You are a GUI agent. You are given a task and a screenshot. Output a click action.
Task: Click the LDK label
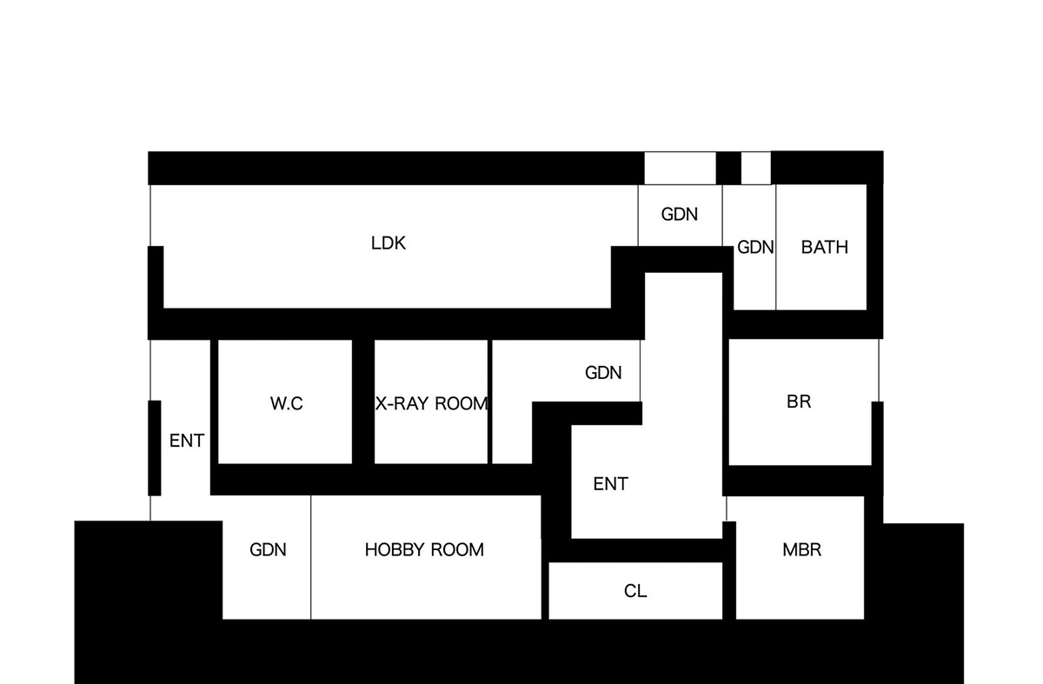(x=389, y=243)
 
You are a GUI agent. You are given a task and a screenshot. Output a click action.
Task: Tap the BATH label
(x=824, y=247)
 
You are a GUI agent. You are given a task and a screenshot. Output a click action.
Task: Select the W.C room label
(x=287, y=403)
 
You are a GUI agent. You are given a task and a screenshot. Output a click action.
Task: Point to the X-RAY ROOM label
(x=432, y=403)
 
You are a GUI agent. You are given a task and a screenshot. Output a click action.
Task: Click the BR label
(x=799, y=402)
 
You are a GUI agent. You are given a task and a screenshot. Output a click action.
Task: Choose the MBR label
(x=801, y=549)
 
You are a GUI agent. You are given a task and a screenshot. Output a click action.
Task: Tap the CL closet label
(x=635, y=591)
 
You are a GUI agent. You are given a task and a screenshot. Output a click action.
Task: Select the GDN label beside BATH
(x=755, y=247)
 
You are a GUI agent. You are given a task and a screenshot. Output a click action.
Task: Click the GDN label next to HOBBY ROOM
(x=268, y=549)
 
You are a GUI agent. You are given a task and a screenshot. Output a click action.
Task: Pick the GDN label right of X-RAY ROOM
(x=603, y=373)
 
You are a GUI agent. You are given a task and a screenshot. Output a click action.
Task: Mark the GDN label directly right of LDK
(x=680, y=214)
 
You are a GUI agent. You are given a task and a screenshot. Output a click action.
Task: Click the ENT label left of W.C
(x=186, y=441)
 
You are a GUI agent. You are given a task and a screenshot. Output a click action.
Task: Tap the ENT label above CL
(x=610, y=484)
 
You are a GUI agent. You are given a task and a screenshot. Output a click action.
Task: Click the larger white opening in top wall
(x=680, y=168)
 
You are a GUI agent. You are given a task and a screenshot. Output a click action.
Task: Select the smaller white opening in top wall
(x=756, y=168)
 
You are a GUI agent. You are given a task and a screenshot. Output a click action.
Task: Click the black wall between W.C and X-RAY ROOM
(x=363, y=402)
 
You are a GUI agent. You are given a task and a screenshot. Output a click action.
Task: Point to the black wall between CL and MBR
(x=730, y=574)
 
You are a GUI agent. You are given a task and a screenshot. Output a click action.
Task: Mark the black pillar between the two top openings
(x=728, y=168)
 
